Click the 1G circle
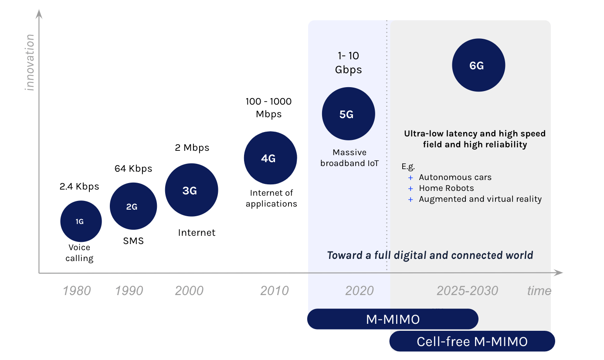coord(81,221)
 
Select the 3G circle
coord(191,190)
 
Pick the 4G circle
coord(270,158)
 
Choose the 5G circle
coord(348,114)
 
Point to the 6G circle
coord(478,66)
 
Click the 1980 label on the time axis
coord(77,291)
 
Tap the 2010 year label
coord(275,291)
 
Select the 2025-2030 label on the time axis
coord(467,291)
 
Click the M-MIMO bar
coord(393,319)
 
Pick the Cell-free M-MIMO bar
coord(472,341)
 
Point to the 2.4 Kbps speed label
coord(79,187)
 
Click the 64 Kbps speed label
coord(133,168)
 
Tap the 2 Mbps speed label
coord(192,148)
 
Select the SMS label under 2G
coord(133,241)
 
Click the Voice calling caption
coord(79,253)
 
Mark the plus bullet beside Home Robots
coord(410,189)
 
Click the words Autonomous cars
coord(455,177)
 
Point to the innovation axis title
coord(30,62)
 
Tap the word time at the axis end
coord(539,291)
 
